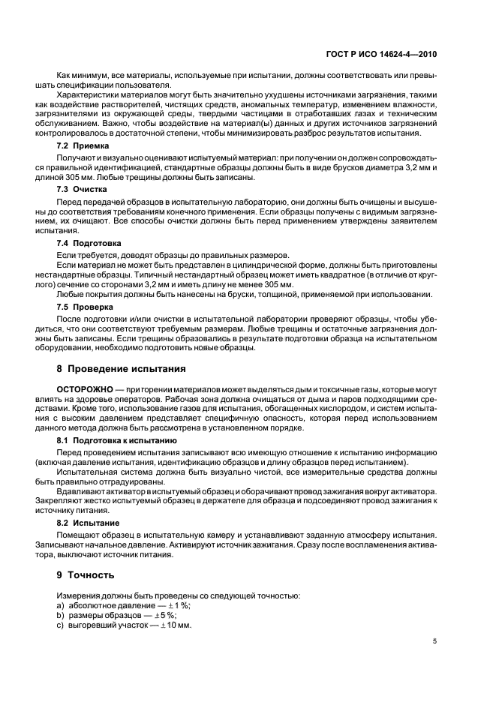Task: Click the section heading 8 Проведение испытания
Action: [121, 370]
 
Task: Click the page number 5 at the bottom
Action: [434, 641]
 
